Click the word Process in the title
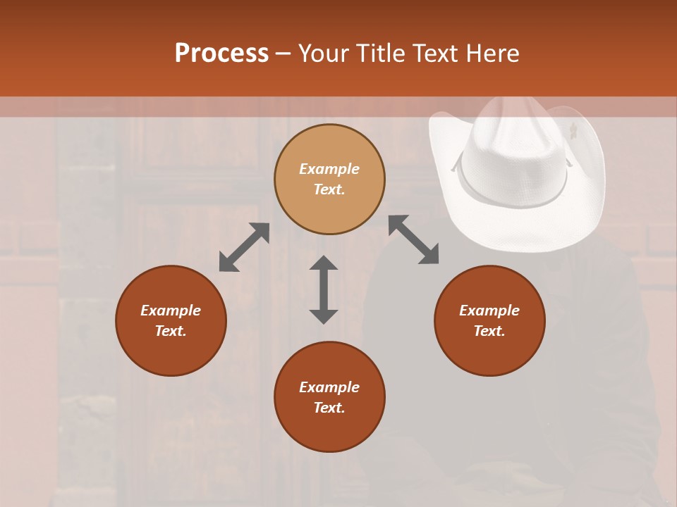click(x=221, y=54)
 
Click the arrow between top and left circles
click(x=244, y=247)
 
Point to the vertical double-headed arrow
click(x=324, y=289)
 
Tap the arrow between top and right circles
click(x=414, y=239)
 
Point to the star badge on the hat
click(x=573, y=130)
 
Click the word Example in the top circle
click(x=329, y=169)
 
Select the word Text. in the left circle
click(x=171, y=331)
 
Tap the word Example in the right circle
click(x=489, y=311)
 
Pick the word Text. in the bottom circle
click(x=329, y=408)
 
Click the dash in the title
click(x=283, y=54)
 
